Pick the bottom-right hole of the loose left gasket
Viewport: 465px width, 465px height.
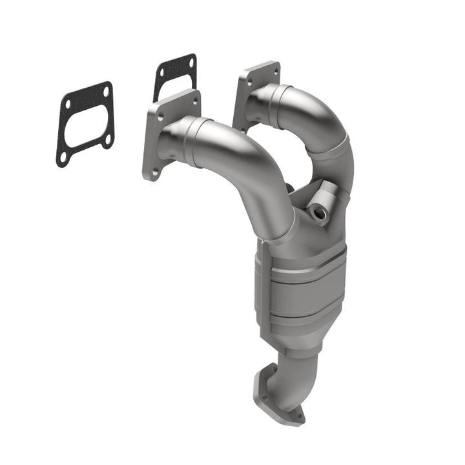click(107, 138)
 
